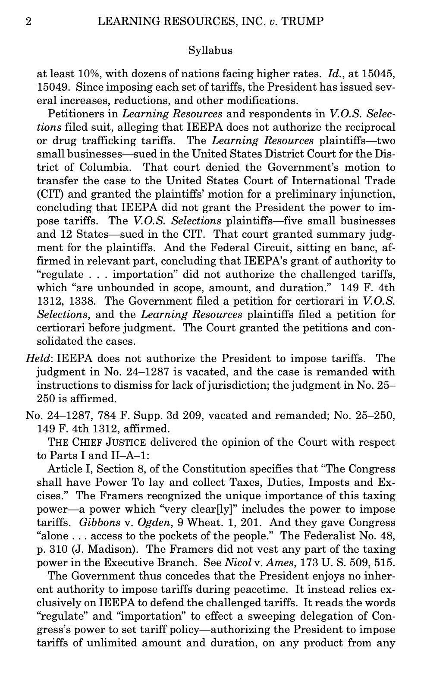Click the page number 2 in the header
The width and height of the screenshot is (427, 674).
point(28,22)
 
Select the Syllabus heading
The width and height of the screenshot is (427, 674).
point(210,50)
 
